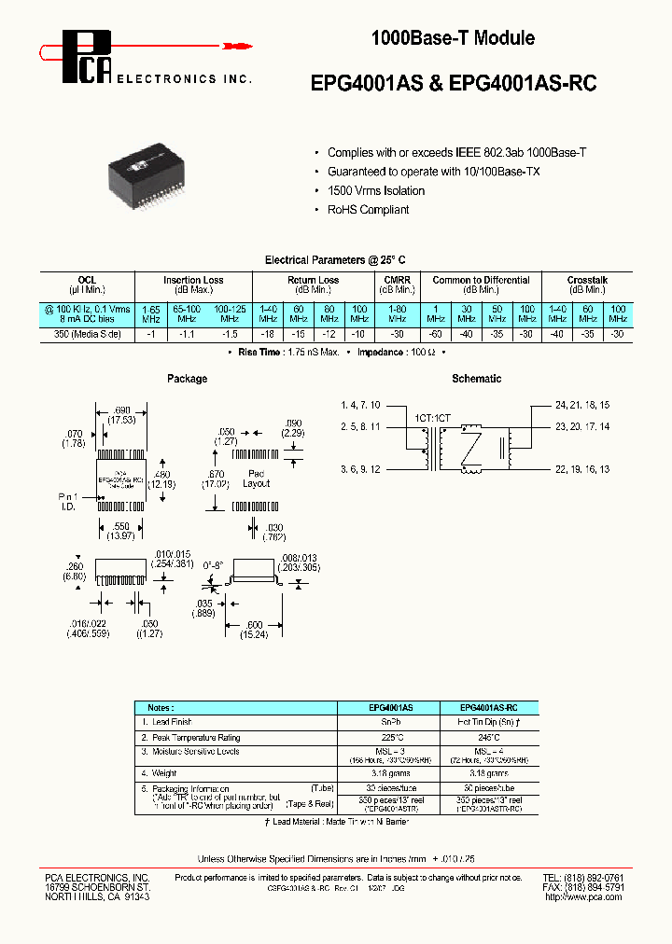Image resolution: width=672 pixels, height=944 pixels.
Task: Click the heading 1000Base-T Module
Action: pos(453,38)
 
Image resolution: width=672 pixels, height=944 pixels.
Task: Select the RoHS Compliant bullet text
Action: pos(368,210)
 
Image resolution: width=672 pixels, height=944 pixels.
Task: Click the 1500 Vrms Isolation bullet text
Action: pos(375,190)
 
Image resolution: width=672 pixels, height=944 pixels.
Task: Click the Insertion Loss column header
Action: pos(193,280)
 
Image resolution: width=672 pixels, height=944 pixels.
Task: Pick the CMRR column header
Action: pos(398,280)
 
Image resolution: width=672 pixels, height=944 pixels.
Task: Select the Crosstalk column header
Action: pos(587,280)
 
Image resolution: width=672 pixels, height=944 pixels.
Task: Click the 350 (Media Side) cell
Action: pos(88,333)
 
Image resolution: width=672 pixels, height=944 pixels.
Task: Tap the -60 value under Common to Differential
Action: pos(434,333)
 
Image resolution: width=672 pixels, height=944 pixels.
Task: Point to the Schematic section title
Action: pos(476,379)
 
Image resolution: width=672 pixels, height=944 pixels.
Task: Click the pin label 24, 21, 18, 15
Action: pos(582,406)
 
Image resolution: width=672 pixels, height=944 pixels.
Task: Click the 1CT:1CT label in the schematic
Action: pos(431,420)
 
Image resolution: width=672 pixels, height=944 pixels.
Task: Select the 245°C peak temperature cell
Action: pos(483,737)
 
